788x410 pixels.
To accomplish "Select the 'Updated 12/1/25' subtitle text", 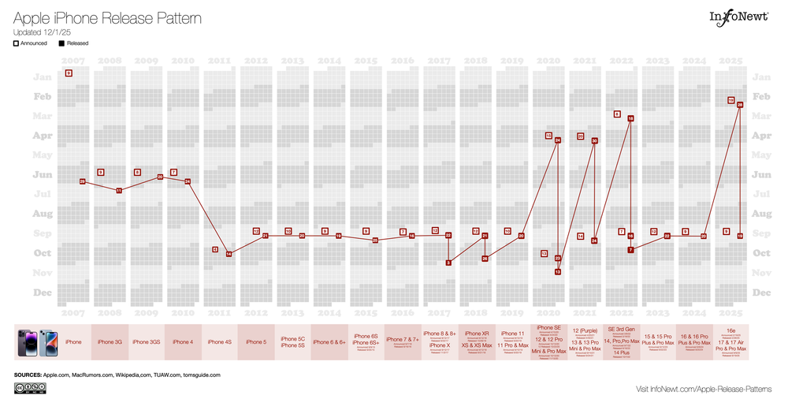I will pos(41,32).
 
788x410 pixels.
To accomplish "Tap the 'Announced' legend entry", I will pos(30,43).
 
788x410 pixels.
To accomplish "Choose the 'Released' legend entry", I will pos(72,43).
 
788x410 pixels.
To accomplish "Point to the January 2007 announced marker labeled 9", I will pos(69,73).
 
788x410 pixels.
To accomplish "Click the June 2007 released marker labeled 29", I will pos(82,181).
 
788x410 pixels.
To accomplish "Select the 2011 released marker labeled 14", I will pos(229,254).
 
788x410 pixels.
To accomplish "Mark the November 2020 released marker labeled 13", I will pos(557,271).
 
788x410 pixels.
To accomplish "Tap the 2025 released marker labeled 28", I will pos(740,104).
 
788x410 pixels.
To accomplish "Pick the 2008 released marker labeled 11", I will pos(119,190).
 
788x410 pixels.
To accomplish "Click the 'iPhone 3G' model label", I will pos(110,342).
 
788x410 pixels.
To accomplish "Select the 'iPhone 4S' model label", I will pos(219,342).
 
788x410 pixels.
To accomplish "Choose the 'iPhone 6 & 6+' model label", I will pos(329,342).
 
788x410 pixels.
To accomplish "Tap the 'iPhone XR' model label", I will pos(475,334).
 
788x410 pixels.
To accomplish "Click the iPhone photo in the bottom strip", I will pos(35,342).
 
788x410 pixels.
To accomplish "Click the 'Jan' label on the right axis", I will pos(761,77).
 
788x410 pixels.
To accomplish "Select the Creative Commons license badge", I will pos(29,388).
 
